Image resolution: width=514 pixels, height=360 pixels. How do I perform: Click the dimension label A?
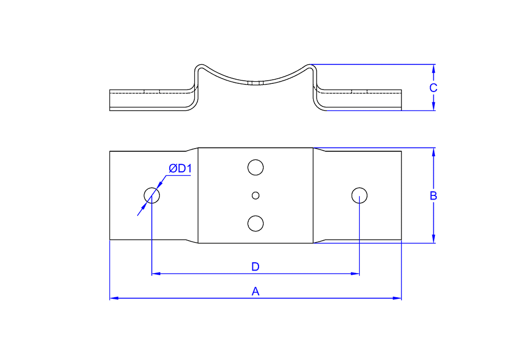(x=255, y=292)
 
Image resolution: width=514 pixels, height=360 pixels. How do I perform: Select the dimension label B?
(x=433, y=195)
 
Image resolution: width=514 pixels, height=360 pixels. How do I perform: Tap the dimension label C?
(x=433, y=88)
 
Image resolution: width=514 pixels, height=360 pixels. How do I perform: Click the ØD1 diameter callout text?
(x=180, y=169)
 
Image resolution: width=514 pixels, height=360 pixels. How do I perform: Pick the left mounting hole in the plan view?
(x=152, y=195)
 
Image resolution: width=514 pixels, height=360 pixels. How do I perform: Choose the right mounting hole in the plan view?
(x=359, y=195)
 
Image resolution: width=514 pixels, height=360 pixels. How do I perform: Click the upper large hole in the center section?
(x=255, y=167)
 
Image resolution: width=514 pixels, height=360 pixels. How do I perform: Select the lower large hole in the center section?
(x=255, y=223)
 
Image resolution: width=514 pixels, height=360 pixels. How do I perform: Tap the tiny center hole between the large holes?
(x=255, y=195)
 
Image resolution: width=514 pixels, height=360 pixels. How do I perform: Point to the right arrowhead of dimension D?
(x=355, y=274)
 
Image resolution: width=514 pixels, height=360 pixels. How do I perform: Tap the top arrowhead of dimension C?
(x=434, y=68)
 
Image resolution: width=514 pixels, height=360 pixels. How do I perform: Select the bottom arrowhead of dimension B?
(x=434, y=239)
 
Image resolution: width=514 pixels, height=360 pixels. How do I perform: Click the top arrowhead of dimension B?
(x=434, y=151)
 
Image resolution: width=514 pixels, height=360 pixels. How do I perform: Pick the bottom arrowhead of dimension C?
(x=434, y=106)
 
